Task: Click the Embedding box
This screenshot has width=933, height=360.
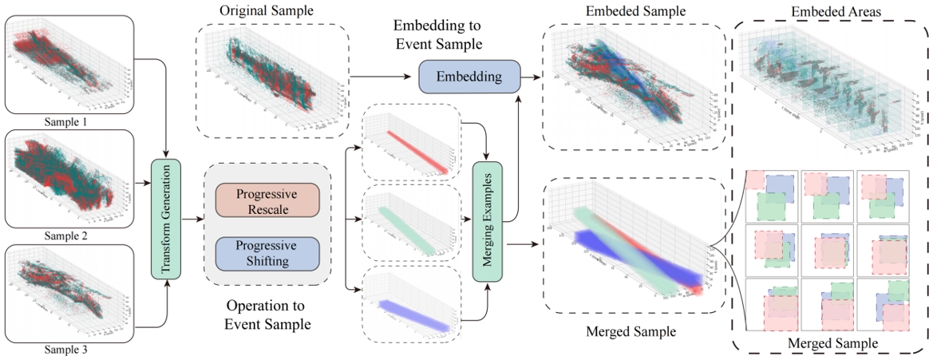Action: pyautogui.click(x=469, y=77)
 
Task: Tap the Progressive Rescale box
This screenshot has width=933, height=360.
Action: pyautogui.click(x=267, y=200)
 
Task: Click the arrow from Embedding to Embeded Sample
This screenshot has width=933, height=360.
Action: pyautogui.click(x=531, y=77)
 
